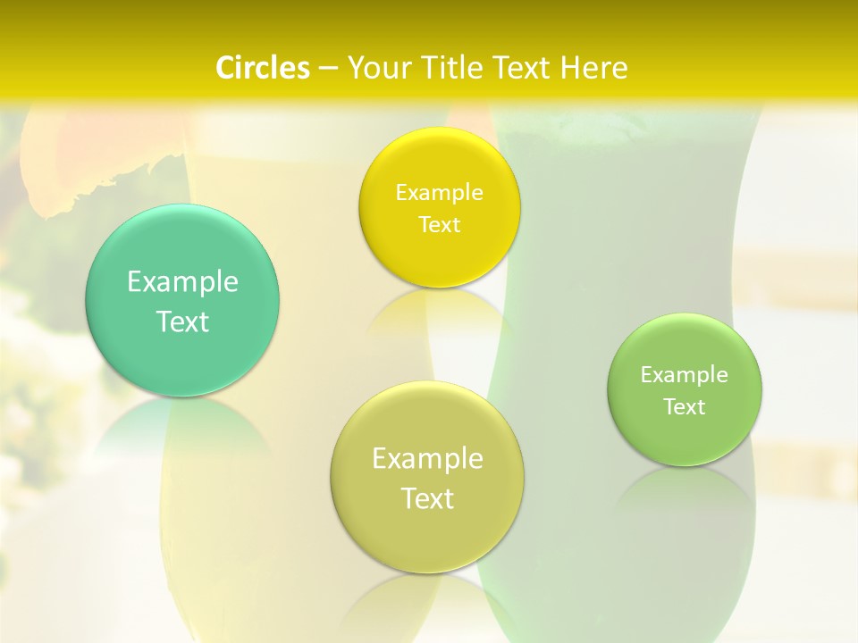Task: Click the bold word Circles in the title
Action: pyautogui.click(x=263, y=68)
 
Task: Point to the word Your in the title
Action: pyautogui.click(x=376, y=68)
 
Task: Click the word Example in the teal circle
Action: pyautogui.click(x=182, y=282)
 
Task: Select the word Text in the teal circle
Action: pyautogui.click(x=182, y=321)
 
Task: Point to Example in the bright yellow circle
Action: pyautogui.click(x=439, y=193)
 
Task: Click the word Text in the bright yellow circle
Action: pyautogui.click(x=439, y=224)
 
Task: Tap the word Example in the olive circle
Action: pyautogui.click(x=427, y=459)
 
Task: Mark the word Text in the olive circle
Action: pyautogui.click(x=427, y=498)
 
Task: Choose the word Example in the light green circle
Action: pyautogui.click(x=685, y=375)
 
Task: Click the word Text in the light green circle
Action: pyautogui.click(x=685, y=407)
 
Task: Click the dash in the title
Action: pyautogui.click(x=327, y=68)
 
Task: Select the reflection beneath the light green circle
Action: pyautogui.click(x=685, y=491)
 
